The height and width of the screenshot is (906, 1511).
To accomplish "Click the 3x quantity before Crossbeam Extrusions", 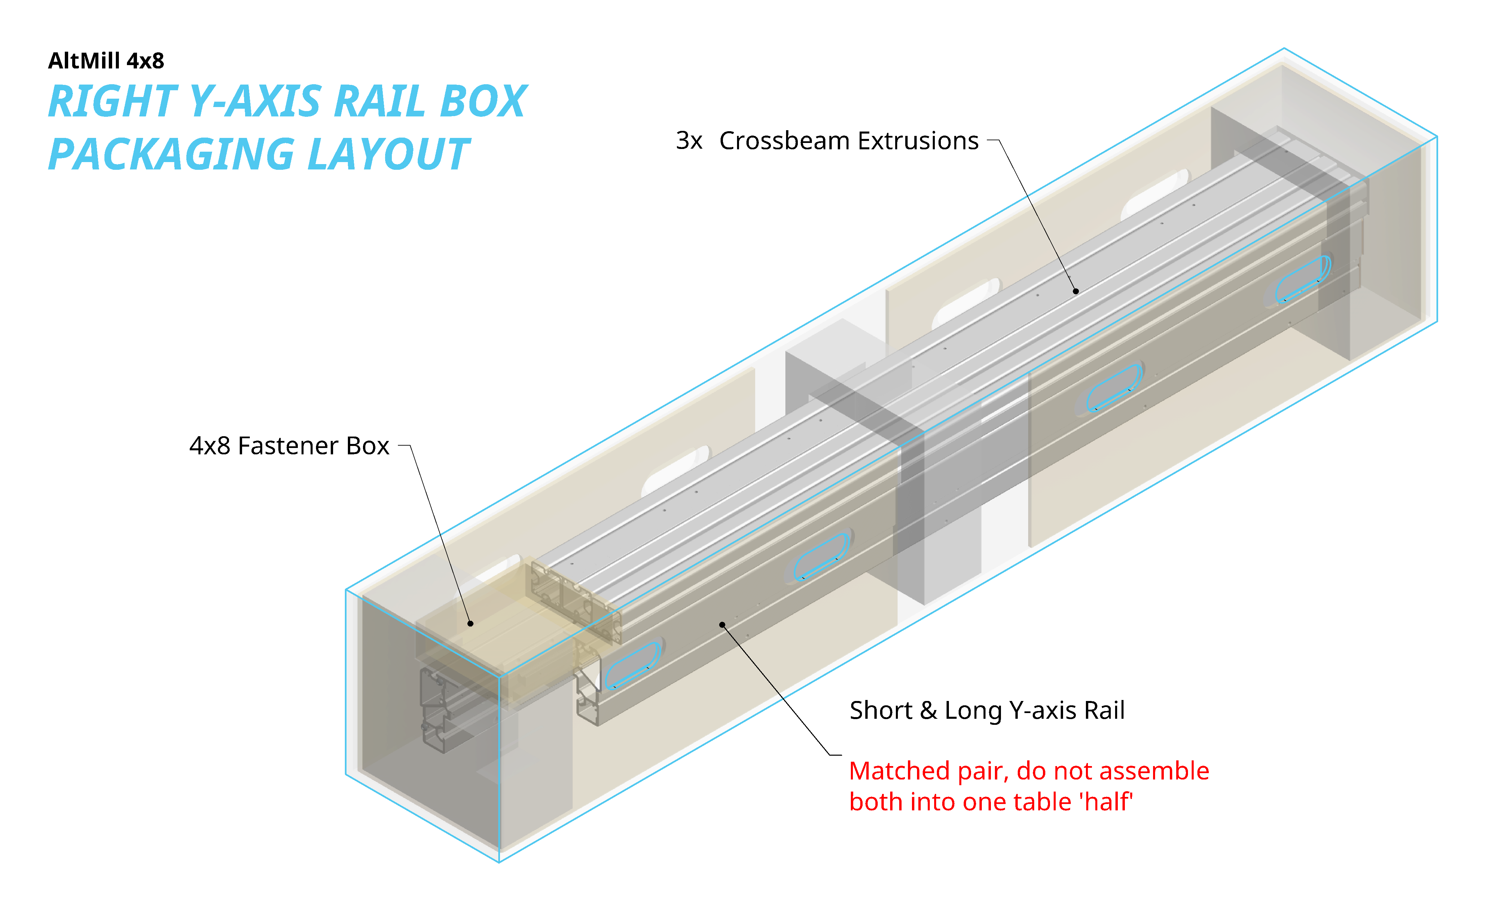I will pyautogui.click(x=689, y=141).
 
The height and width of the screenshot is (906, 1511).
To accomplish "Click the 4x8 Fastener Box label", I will pyautogui.click(x=289, y=446).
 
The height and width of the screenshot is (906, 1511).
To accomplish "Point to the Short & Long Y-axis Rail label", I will pyautogui.click(x=987, y=711).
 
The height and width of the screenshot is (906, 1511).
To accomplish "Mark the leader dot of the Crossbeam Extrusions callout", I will pyautogui.click(x=1075, y=291).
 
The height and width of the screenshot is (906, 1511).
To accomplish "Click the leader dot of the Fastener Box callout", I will pyautogui.click(x=470, y=623).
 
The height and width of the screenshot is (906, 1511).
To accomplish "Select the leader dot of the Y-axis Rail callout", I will pyautogui.click(x=722, y=624).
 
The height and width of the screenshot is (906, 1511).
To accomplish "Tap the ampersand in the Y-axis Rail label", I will pyautogui.click(x=928, y=711).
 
